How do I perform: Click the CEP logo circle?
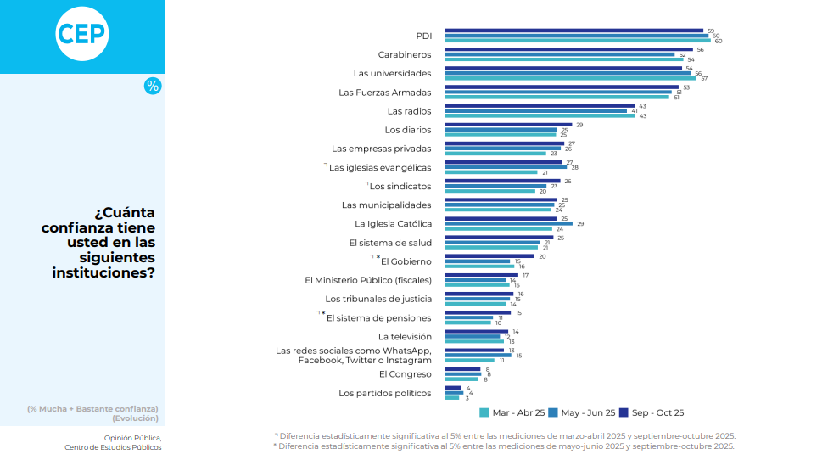82,34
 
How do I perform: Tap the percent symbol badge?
152,86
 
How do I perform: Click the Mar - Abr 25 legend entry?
512,412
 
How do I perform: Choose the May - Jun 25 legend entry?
582,412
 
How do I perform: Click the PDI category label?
423,36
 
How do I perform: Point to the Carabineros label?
405,54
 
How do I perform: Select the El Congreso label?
405,373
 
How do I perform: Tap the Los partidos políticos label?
385,393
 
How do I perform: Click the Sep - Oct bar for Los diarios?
508,125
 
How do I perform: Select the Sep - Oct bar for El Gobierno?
489,256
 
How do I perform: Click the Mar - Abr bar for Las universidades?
570,78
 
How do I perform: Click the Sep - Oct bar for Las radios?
540,106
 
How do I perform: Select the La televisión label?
405,336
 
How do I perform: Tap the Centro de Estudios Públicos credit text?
113,447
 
